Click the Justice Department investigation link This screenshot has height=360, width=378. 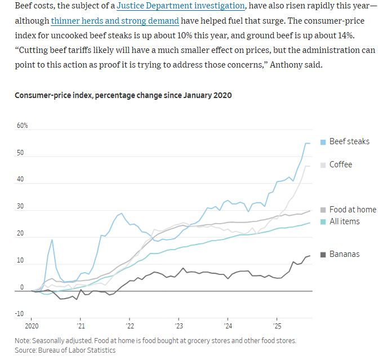click(x=181, y=7)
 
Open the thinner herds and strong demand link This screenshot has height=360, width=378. click(x=115, y=21)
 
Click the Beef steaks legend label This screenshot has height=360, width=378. click(x=349, y=141)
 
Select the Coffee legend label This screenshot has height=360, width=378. click(x=341, y=165)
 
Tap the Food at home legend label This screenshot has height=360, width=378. click(x=352, y=210)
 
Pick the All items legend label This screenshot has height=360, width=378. click(x=344, y=221)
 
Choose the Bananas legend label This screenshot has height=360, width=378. click(x=344, y=254)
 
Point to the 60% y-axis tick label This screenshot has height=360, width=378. click(x=22, y=126)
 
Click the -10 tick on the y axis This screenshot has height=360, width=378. click(x=20, y=314)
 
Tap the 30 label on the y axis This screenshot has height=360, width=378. click(x=21, y=207)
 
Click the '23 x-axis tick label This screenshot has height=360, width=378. click(x=179, y=326)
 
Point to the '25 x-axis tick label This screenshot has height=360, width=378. click(x=277, y=326)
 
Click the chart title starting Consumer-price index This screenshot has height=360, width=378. click(x=123, y=95)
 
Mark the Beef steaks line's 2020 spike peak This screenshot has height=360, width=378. click(x=52, y=240)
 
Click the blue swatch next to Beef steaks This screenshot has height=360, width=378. click(x=323, y=142)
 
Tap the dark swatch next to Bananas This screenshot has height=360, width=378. click(x=323, y=255)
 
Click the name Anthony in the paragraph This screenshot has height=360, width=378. click(x=287, y=65)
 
